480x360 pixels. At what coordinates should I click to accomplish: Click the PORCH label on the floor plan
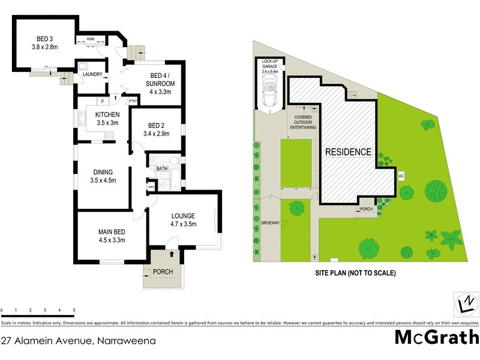tap(163, 272)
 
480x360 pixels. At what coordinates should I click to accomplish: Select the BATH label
tap(162, 169)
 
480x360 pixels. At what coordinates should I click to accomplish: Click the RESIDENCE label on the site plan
tap(348, 152)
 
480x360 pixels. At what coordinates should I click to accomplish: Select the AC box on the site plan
tap(400, 176)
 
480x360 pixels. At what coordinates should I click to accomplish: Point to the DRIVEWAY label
tap(270, 223)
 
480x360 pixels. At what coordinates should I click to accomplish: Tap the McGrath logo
tap(436, 337)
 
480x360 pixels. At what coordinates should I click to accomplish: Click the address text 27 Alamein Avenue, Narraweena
tap(79, 341)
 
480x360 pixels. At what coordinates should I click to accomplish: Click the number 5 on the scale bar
tap(74, 310)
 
